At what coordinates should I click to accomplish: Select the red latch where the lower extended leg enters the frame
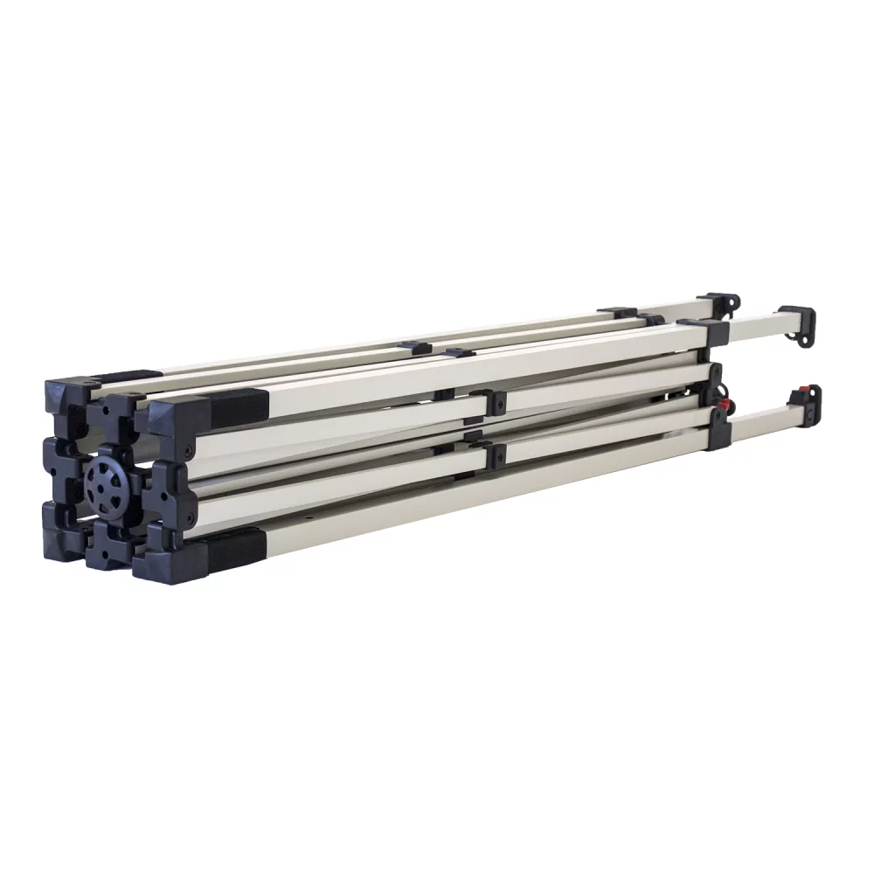[724, 404]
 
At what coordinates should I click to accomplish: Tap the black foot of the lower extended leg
[806, 403]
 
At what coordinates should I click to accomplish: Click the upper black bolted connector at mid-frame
[496, 403]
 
